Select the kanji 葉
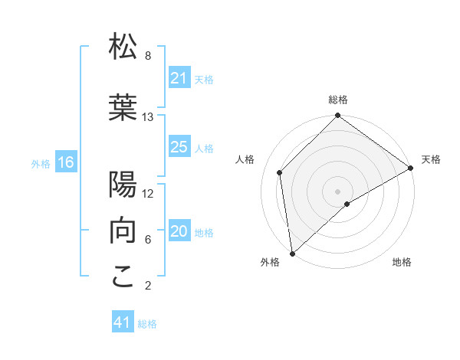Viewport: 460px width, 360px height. coord(123,106)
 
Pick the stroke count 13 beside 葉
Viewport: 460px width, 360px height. coord(148,117)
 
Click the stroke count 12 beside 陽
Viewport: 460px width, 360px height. coord(148,194)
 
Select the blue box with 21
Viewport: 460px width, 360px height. coord(179,78)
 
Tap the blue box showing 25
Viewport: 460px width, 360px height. coord(179,147)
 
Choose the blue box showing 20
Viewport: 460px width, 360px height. coord(179,232)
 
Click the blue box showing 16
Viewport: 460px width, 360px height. coord(66,162)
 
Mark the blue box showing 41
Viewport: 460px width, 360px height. coord(123,322)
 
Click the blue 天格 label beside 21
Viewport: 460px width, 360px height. coord(204,79)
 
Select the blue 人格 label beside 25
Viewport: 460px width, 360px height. coord(204,148)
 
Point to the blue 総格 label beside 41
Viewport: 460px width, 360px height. coord(147,324)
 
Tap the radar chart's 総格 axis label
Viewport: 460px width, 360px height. coord(338,100)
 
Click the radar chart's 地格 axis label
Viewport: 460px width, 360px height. coord(402,262)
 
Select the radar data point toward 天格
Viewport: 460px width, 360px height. coord(411,169)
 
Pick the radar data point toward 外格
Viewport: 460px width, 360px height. coord(291,253)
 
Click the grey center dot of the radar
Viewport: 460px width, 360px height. coord(338,191)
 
